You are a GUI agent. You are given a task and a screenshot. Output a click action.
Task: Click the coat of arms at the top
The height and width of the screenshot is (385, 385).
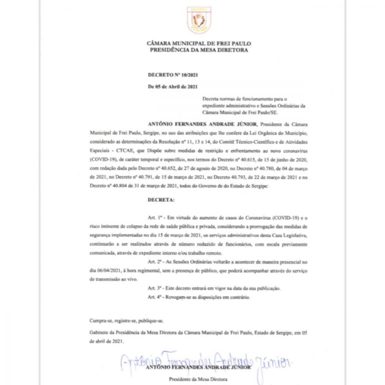199,20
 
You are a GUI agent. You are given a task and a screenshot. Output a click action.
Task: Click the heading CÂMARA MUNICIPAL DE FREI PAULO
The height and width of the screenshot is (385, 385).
199,44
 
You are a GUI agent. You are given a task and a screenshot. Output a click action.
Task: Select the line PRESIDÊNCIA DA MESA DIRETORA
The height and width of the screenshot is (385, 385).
199,50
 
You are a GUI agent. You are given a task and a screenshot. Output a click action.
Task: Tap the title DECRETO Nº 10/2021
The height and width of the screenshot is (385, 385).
169,75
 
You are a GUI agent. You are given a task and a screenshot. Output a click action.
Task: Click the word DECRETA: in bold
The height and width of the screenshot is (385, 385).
161,200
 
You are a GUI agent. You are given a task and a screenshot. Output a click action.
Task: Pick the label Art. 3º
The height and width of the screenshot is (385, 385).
156,289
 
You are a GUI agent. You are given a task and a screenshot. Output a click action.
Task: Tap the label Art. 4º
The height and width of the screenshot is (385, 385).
156,297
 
